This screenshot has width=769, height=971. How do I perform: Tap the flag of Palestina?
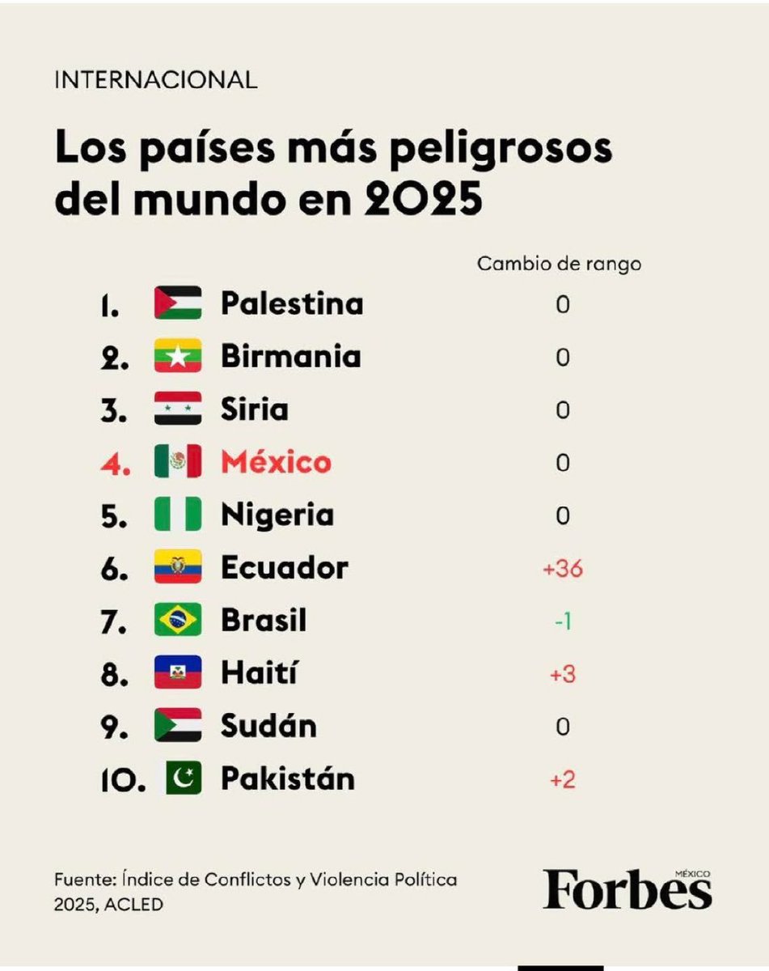click(x=177, y=303)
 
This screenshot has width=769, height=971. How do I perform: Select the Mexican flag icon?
click(x=177, y=462)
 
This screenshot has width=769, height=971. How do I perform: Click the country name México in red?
click(x=276, y=462)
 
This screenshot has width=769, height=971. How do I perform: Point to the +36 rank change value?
click(x=563, y=569)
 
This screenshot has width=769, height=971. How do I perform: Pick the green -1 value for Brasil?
click(x=563, y=621)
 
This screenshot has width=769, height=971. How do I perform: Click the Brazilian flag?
click(x=177, y=621)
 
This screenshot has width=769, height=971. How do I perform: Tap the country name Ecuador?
click(x=284, y=568)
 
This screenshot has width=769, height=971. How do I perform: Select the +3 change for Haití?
click(x=563, y=674)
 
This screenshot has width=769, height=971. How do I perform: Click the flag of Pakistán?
click(x=184, y=778)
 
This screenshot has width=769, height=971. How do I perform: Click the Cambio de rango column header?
click(x=559, y=264)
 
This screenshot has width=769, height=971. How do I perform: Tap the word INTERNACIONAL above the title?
click(x=155, y=79)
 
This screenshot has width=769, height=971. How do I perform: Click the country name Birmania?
click(x=290, y=357)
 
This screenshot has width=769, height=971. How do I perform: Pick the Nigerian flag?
click(x=177, y=515)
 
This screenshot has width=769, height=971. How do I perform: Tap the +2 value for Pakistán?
click(x=563, y=779)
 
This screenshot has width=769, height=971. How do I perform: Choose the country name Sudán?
click(x=268, y=726)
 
